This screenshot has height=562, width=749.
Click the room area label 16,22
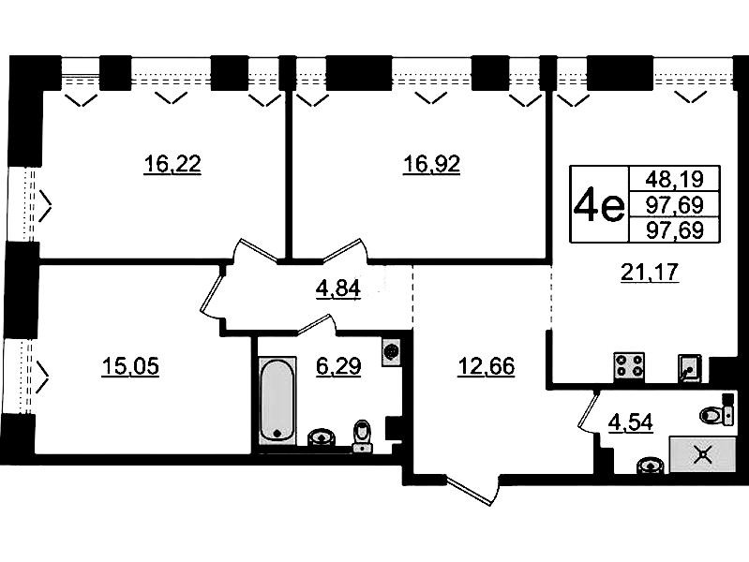172,165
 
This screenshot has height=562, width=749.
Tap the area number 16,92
431,165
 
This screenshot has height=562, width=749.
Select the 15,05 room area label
130,367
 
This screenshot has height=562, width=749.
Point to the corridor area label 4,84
338,288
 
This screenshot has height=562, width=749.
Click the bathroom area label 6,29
338,367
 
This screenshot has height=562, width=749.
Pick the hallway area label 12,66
486,367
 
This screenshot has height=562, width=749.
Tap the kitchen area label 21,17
650,273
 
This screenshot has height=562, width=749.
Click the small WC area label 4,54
630,422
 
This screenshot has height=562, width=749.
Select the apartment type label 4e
599,206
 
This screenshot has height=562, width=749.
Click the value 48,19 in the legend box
675,180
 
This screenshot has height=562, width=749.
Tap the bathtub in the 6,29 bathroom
277,400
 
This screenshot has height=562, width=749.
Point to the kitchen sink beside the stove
689,368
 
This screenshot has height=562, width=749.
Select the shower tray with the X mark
702,453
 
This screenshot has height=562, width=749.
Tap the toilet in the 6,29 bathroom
363,436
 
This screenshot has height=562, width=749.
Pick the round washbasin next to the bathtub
322,436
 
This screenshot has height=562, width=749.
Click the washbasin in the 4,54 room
651,465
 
